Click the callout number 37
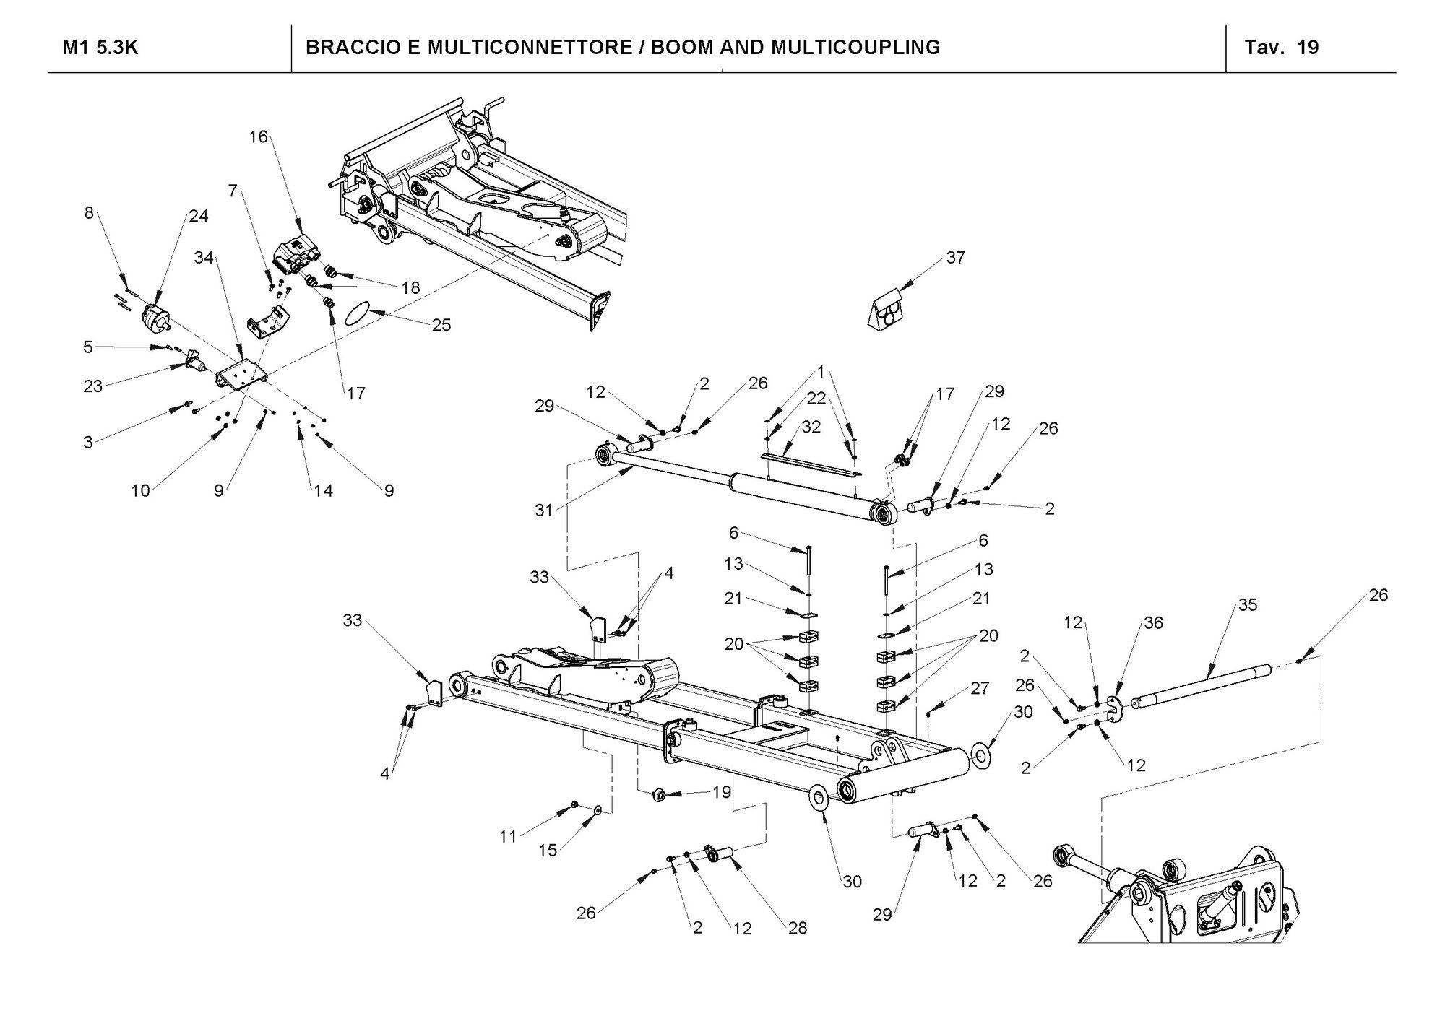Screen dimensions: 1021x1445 click(955, 258)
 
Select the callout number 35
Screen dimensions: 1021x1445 click(1248, 605)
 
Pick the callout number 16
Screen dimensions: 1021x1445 click(258, 136)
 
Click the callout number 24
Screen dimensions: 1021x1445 click(199, 216)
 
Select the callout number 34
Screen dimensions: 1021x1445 click(204, 257)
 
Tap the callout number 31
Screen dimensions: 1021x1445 click(543, 510)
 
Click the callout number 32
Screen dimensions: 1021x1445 click(811, 427)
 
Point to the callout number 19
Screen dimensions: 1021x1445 click(722, 792)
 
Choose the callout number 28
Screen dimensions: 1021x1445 click(797, 928)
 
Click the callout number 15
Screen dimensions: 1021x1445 click(548, 850)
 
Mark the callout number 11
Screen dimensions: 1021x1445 click(508, 836)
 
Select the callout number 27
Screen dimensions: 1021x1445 click(980, 688)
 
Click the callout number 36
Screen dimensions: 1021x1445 click(1153, 622)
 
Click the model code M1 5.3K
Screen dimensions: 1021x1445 click(100, 48)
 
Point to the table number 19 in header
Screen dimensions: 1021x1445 click(1308, 48)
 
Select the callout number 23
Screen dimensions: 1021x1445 click(92, 386)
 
